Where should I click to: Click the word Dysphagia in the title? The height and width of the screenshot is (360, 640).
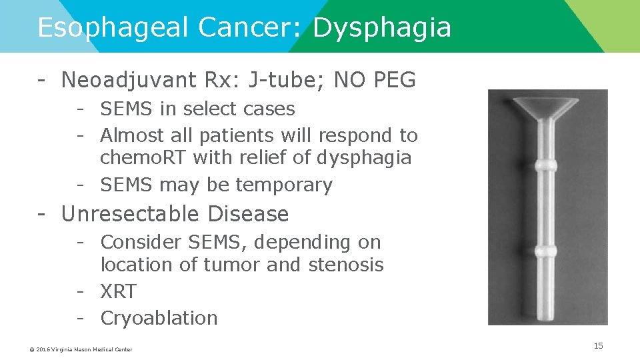(381, 28)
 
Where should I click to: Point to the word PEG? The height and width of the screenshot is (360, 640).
(393, 81)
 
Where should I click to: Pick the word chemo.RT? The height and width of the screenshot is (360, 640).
(141, 159)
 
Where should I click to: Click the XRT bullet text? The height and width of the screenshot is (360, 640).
(118, 291)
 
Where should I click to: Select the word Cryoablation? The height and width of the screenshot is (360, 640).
(159, 318)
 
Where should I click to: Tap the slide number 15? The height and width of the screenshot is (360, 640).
(598, 345)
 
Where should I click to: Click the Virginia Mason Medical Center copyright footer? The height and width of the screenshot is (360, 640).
(81, 349)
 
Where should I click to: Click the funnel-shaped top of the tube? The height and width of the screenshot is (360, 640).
(547, 107)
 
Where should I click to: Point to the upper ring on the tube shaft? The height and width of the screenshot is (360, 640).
(547, 164)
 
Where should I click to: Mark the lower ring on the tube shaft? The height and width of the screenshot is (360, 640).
(547, 251)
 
